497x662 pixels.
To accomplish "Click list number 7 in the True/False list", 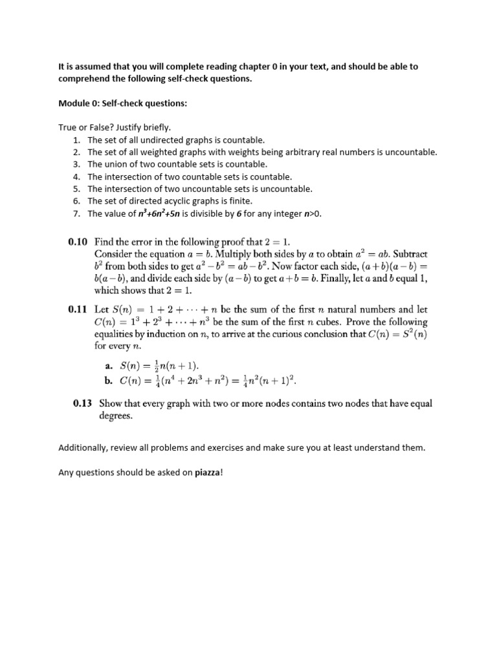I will point(76,213).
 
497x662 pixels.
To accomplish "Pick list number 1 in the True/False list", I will point(76,140).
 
